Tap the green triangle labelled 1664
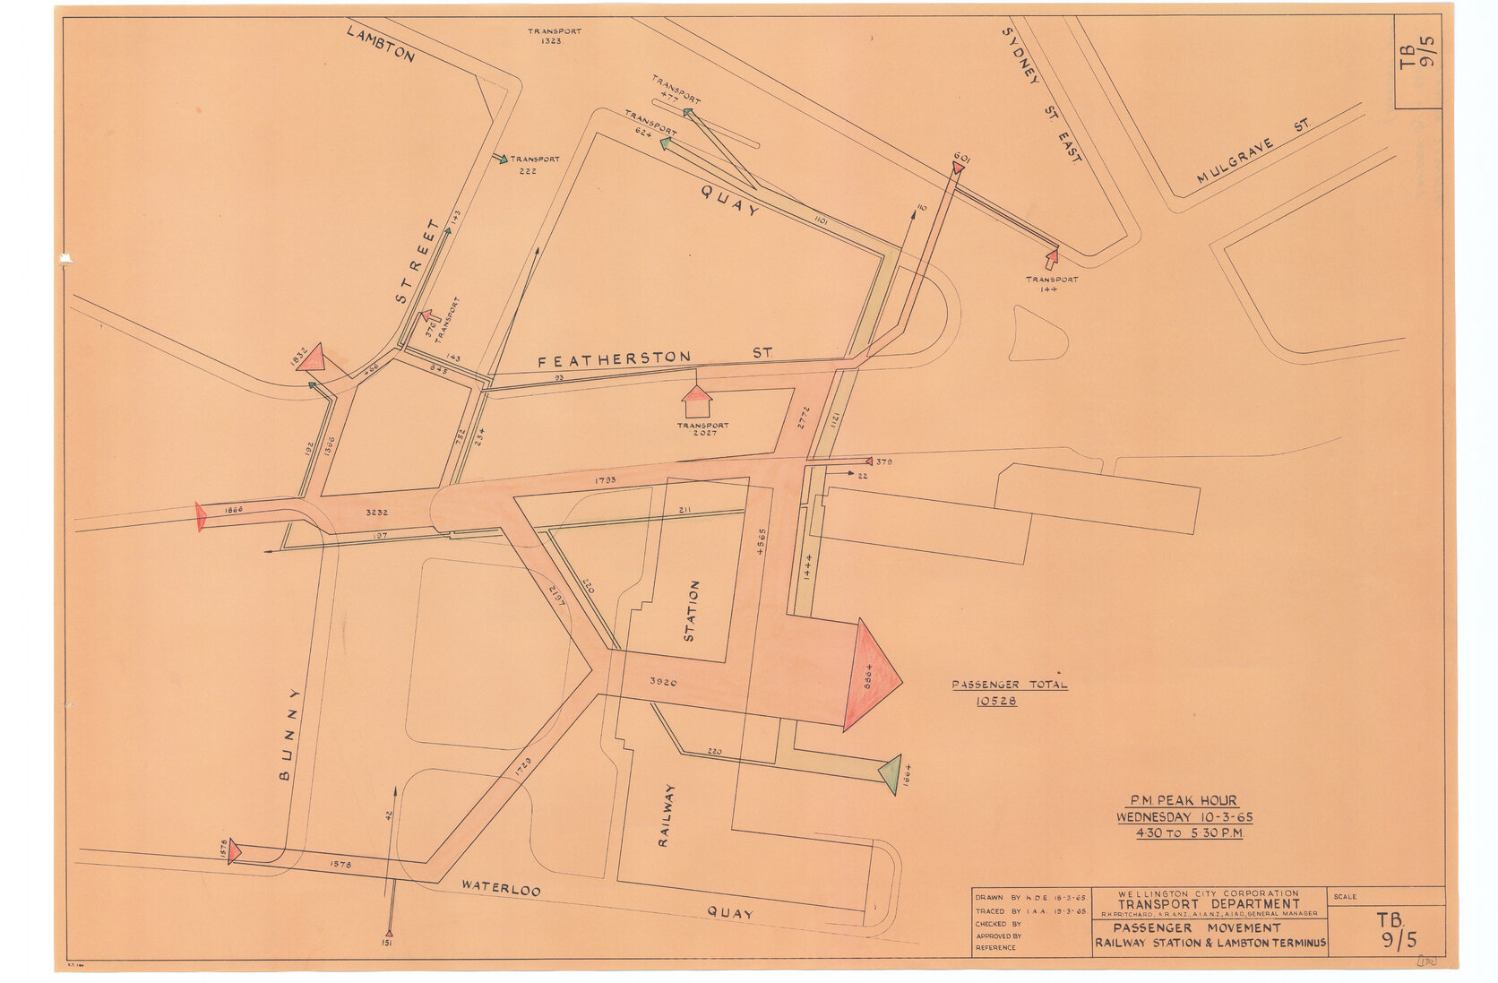891,773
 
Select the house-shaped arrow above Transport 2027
696,401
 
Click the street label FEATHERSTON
614,360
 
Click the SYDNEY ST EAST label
1040,95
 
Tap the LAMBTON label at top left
380,44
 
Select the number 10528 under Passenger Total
996,701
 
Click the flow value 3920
663,683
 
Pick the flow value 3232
377,513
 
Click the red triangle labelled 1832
312,358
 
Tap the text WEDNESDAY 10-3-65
1184,817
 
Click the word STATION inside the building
691,611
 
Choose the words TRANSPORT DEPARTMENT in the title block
1208,904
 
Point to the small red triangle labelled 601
958,167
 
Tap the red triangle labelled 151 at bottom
389,933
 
